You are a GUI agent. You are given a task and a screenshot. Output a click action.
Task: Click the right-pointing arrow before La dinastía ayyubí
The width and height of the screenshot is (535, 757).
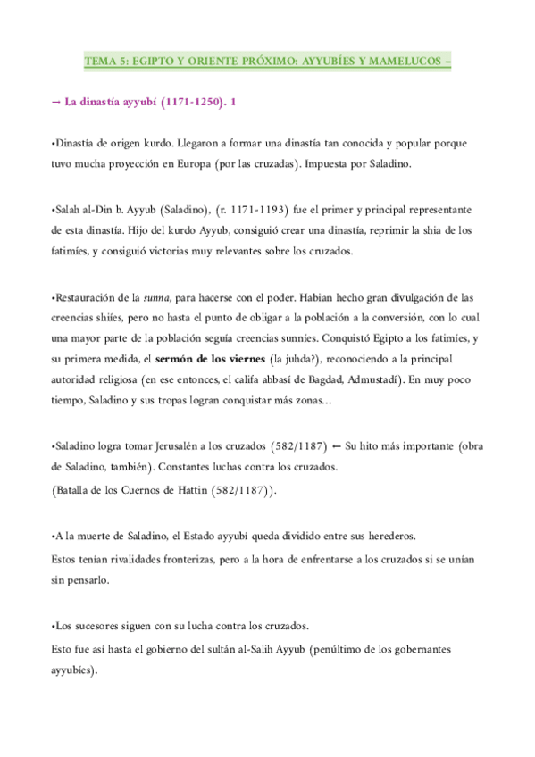click(56, 104)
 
